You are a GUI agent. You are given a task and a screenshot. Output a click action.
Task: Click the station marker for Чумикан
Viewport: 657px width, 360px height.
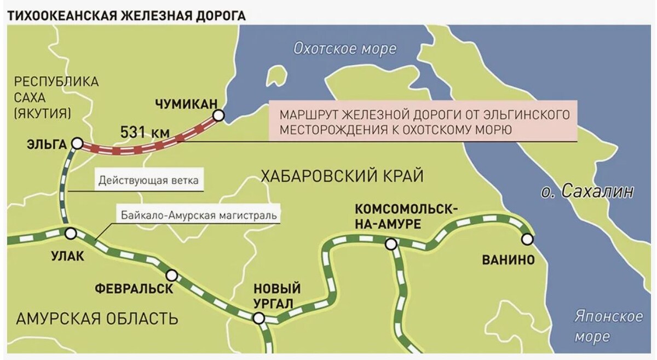point(218,115)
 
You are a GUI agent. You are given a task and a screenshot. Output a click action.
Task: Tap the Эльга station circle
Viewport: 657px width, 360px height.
point(77,143)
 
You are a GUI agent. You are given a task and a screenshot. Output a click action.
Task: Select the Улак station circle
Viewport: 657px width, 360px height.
point(70,234)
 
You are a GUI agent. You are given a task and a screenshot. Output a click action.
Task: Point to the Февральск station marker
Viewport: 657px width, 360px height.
point(172,275)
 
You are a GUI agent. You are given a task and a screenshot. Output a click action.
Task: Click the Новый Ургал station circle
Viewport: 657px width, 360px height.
point(258,318)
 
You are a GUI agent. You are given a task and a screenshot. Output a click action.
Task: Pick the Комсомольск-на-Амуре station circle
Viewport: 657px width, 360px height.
point(390,244)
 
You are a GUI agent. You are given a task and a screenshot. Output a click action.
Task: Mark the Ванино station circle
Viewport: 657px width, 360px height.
point(527,239)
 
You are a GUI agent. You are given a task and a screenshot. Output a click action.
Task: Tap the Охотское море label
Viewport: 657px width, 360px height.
point(344,49)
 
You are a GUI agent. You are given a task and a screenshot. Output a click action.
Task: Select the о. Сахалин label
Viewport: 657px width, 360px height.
point(587,191)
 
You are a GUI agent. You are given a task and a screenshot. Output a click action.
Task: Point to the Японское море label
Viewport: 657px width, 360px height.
point(608,326)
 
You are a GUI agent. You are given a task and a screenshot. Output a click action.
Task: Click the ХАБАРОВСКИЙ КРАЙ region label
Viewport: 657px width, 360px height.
point(342,176)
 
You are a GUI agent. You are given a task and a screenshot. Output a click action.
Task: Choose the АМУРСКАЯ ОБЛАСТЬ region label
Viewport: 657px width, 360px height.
point(97,318)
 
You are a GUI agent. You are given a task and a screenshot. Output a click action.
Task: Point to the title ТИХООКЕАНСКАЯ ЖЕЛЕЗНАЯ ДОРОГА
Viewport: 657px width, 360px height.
point(126,15)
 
